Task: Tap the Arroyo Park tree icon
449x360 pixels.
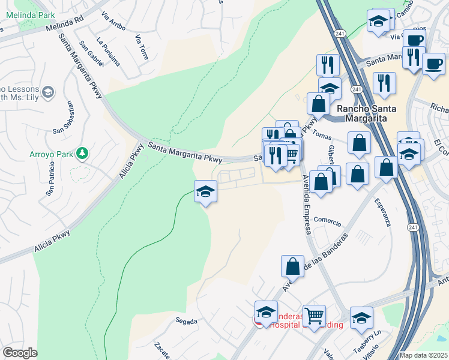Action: [x=82, y=154]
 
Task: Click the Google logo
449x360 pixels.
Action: [x=20, y=353]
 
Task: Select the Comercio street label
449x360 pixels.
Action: [x=327, y=220]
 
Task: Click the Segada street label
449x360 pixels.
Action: [x=187, y=322]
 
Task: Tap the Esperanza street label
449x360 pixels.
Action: [x=385, y=212]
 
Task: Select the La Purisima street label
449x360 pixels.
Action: [x=108, y=52]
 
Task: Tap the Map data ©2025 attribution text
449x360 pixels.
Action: [x=423, y=355]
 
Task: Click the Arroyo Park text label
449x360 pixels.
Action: [x=51, y=154]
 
